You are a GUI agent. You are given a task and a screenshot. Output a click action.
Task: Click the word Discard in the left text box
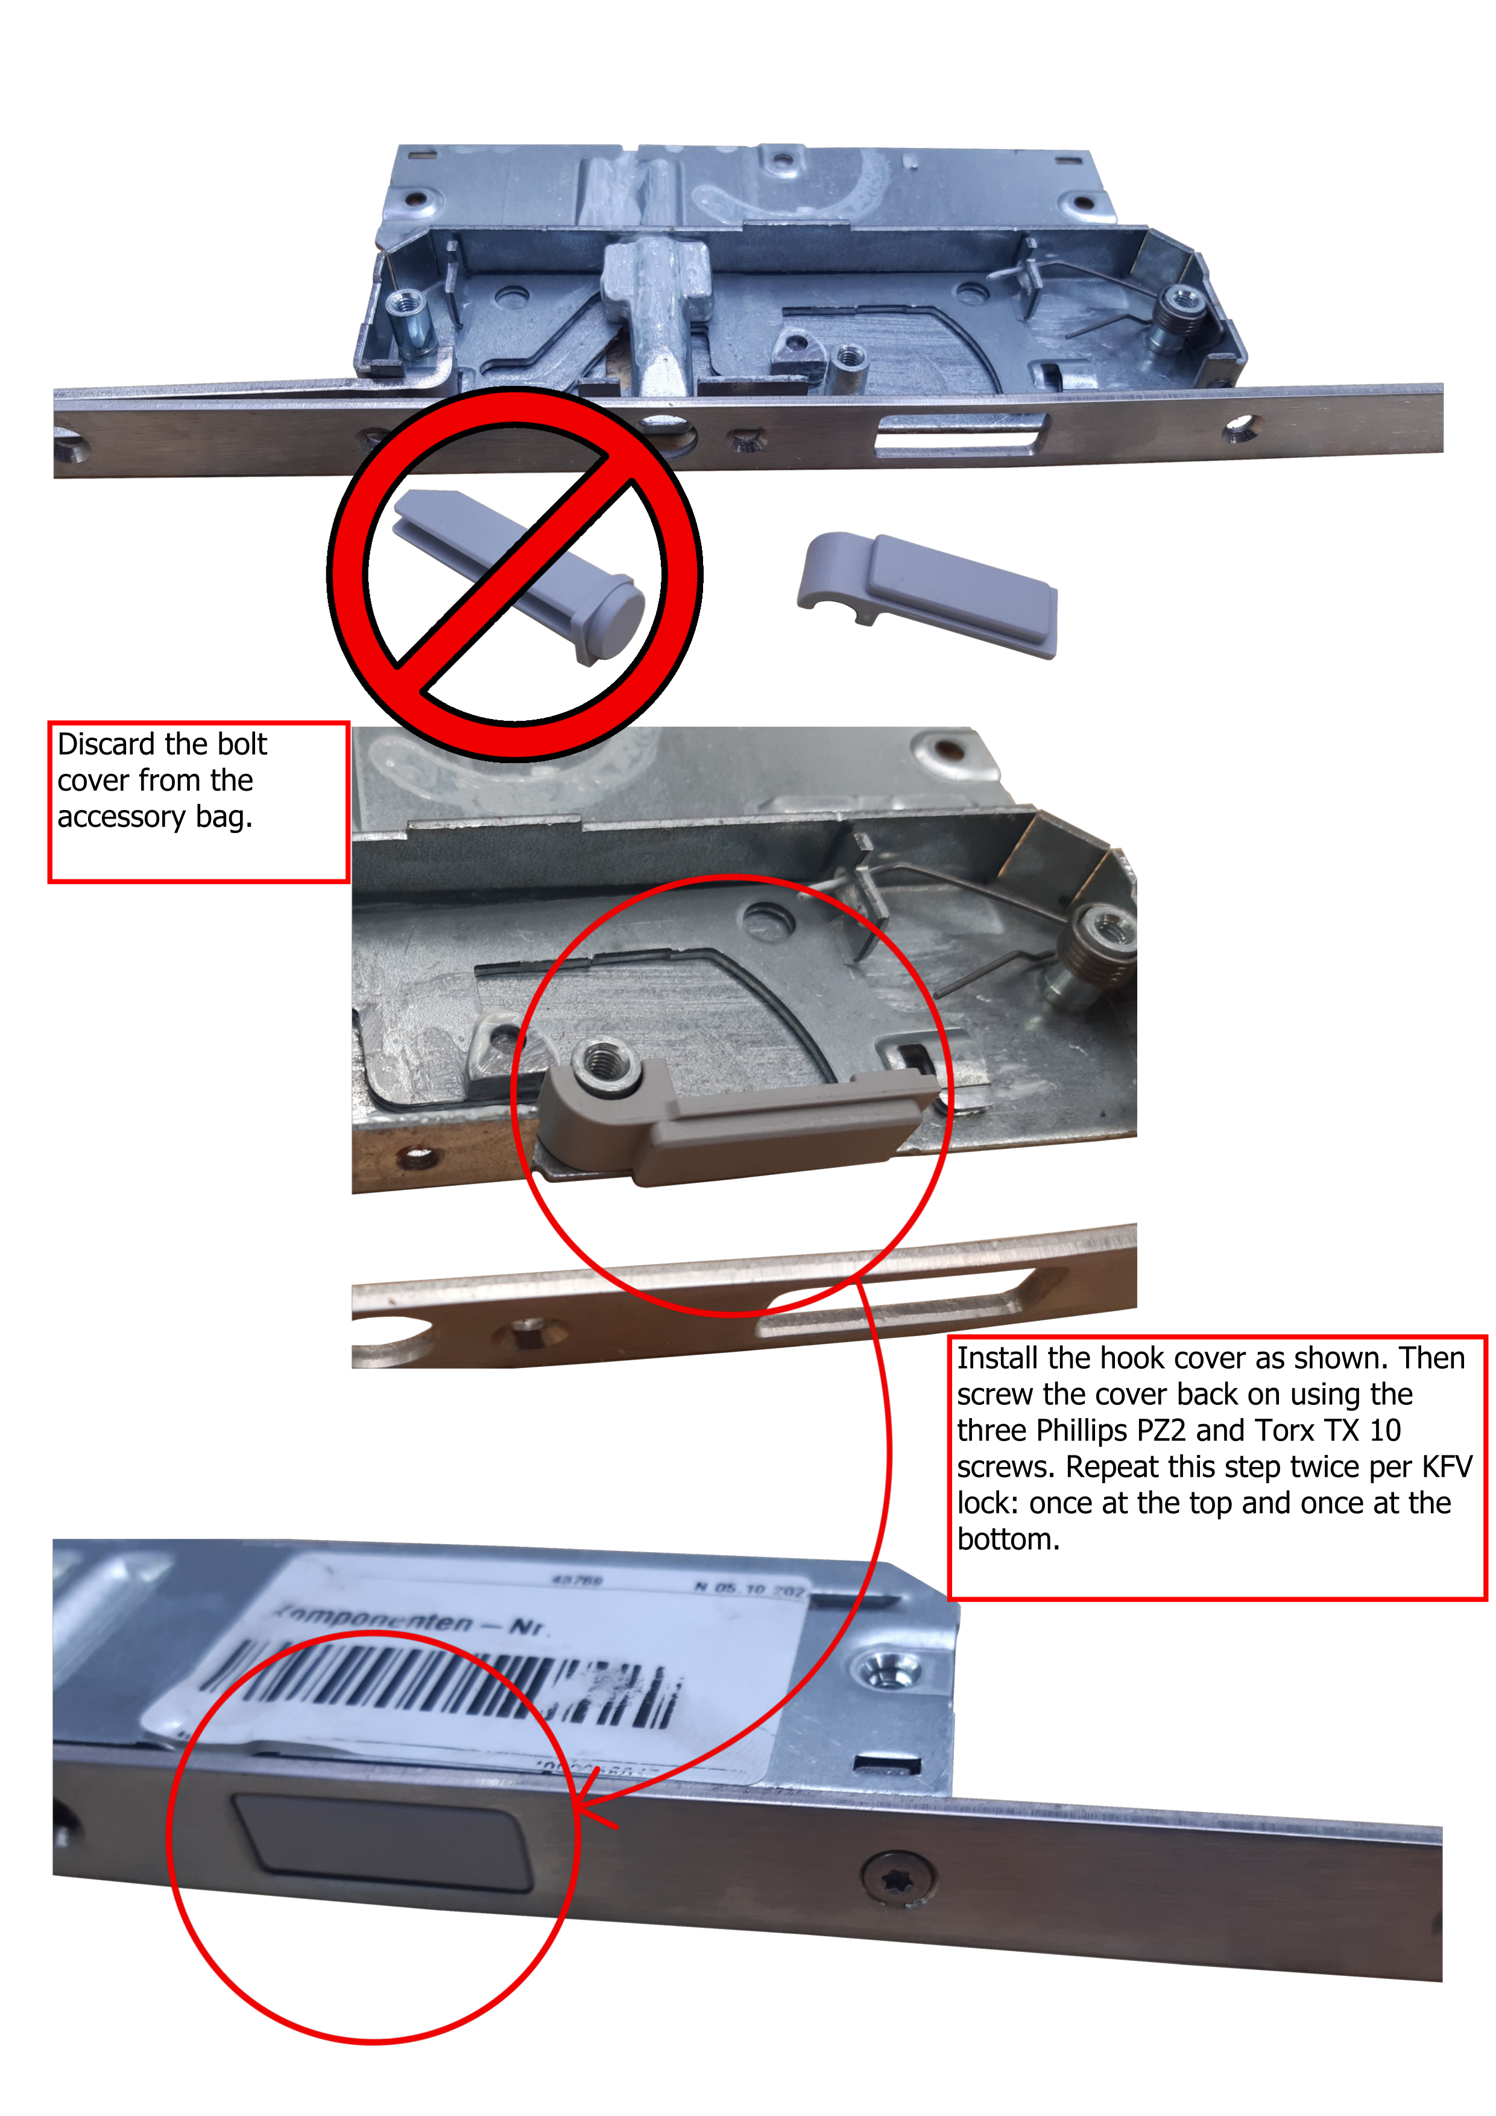[x=106, y=745]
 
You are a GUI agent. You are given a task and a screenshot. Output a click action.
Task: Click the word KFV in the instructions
[x=1447, y=1467]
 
